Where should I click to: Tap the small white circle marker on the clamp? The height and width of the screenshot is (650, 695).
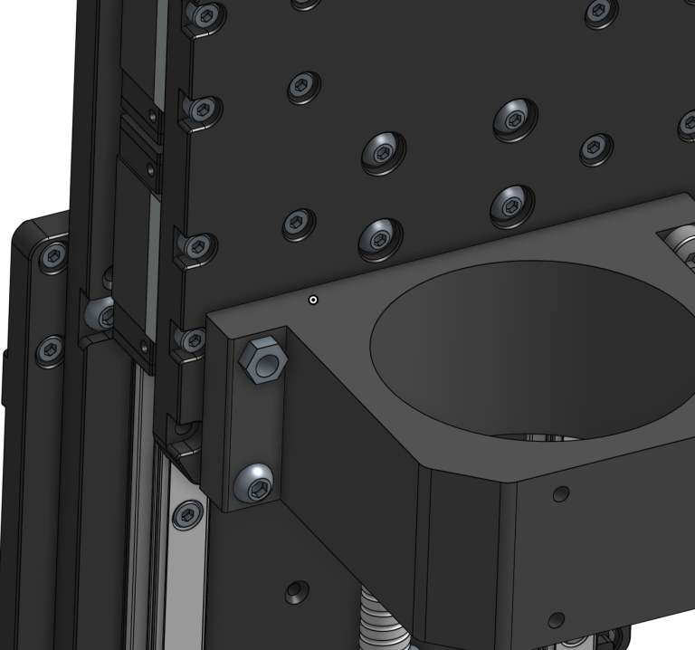(313, 300)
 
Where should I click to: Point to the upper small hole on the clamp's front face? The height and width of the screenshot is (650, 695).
(562, 493)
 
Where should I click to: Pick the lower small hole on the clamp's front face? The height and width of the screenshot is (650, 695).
(555, 620)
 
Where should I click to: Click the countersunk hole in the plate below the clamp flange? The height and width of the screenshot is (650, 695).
(295, 594)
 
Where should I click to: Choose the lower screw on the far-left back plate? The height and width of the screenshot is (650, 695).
(50, 349)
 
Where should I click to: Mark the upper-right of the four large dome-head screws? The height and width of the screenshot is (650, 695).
(516, 117)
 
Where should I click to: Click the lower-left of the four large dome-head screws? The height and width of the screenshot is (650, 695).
(380, 238)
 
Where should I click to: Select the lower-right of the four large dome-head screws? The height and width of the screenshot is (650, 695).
(512, 206)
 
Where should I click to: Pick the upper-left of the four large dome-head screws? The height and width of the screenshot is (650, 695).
(383, 151)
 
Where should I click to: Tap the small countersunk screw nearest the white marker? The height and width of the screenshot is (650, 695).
(299, 223)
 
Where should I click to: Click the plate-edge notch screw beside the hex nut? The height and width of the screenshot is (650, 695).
(193, 339)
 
